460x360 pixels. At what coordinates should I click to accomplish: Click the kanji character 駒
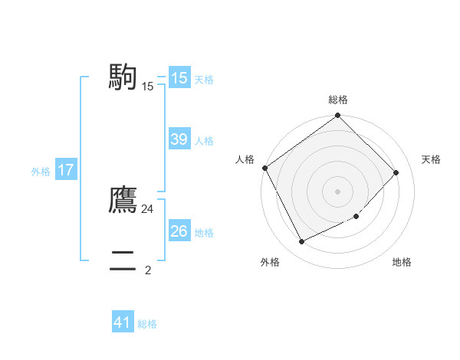pos(123,77)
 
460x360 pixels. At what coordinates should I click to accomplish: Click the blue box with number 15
pos(179,78)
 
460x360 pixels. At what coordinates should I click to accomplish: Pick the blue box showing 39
pos(179,139)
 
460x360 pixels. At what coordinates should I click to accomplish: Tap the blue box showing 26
pos(179,231)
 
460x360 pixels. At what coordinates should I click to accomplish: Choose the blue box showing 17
pos(66,170)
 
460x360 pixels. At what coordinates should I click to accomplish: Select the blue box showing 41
pos(123,322)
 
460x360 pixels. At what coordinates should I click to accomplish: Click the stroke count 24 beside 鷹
pos(148,208)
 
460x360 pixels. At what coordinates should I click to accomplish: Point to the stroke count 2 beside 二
pos(148,270)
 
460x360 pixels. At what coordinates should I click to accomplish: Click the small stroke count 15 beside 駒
pos(148,87)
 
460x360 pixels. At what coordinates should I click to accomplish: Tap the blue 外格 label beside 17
pos(41,172)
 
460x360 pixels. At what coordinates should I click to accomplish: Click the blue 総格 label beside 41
pos(147,324)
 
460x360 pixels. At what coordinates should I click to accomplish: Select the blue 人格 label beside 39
pos(204,141)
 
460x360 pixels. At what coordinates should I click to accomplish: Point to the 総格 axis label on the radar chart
pos(338,100)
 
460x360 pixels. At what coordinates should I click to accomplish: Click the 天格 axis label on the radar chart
pos(431,159)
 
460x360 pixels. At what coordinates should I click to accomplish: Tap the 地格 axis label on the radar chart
pos(402,262)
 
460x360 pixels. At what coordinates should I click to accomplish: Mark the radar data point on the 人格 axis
pos(265,168)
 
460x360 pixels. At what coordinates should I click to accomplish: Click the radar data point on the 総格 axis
pos(338,116)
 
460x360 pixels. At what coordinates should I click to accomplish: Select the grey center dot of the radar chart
pos(338,191)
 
